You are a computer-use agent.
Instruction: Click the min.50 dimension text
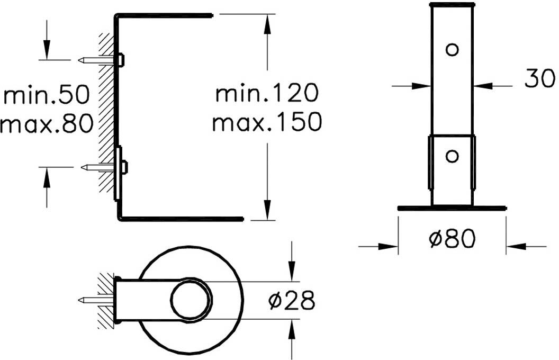[47, 95]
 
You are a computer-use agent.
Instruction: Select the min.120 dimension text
[267, 93]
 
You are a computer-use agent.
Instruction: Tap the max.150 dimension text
[267, 122]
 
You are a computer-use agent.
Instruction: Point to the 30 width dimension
[539, 78]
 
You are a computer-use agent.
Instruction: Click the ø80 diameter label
[452, 238]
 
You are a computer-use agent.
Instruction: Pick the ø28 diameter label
[292, 300]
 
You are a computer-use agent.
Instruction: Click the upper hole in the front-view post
[452, 50]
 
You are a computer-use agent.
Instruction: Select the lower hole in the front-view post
[452, 156]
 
